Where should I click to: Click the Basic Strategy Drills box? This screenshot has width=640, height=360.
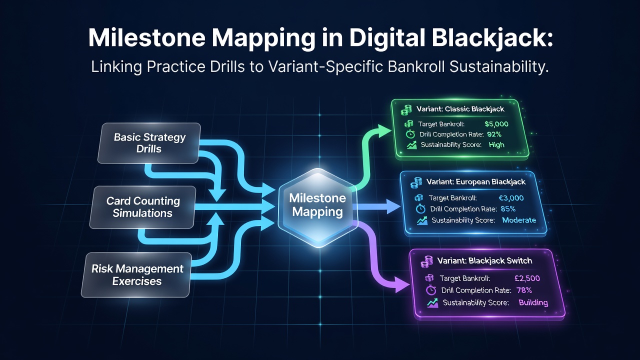[x=149, y=143]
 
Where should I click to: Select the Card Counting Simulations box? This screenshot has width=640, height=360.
[x=143, y=207]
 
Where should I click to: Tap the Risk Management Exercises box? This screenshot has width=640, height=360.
[x=137, y=275]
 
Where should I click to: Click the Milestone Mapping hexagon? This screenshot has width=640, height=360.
[x=317, y=207]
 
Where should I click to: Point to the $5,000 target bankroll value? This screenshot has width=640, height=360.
[x=496, y=124]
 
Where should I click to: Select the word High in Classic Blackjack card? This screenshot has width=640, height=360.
[x=496, y=145]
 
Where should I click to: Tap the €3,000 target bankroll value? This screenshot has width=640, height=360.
[x=511, y=198]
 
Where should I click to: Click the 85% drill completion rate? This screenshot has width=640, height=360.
[x=508, y=209]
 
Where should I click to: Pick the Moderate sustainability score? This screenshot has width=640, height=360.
[x=519, y=220]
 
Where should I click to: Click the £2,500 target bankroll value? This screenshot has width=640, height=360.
[x=527, y=278]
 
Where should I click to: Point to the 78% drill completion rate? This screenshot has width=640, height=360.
[x=524, y=290]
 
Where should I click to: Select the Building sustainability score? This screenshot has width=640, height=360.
[x=533, y=303]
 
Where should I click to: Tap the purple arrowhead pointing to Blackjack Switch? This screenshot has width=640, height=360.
[x=402, y=284]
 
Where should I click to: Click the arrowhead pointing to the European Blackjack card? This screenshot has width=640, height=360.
[x=393, y=206]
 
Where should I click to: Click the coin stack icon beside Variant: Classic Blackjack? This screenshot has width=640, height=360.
[x=406, y=109]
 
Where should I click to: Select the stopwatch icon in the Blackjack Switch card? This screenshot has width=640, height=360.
[x=431, y=290]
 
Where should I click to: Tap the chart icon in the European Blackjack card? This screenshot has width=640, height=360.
[x=422, y=220]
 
